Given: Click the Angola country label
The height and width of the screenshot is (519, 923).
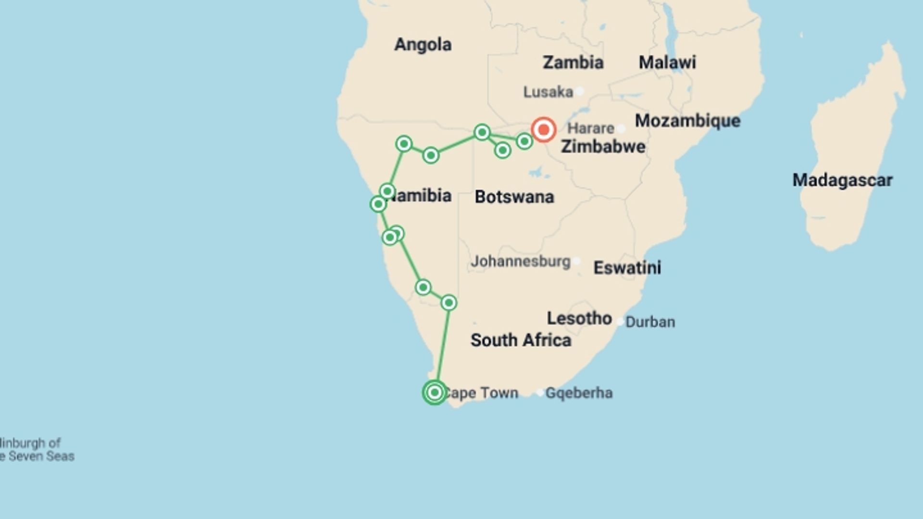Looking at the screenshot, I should tap(423, 45).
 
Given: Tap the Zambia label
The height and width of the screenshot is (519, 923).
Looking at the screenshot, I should tap(573, 62).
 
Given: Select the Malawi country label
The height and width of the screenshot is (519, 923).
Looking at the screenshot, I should tap(667, 62).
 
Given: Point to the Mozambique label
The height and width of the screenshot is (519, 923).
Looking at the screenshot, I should tap(687, 121).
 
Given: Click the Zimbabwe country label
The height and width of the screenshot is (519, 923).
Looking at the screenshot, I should tap(603, 147).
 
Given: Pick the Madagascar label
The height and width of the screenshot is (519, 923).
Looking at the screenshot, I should tap(842, 180).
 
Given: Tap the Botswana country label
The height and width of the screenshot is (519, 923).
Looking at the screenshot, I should tap(514, 197).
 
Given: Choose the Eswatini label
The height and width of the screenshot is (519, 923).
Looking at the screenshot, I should tap(627, 268).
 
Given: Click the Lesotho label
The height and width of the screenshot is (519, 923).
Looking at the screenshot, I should tap(579, 318).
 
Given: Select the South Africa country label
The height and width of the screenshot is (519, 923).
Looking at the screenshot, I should tap(521, 340).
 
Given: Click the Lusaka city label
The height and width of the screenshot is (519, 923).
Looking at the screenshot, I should tap(548, 92).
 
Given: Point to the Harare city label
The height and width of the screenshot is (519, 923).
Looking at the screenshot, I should tap(590, 128).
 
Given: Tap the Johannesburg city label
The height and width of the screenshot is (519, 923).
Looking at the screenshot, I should tap(520, 261).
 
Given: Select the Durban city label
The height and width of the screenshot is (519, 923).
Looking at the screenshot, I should tap(650, 322).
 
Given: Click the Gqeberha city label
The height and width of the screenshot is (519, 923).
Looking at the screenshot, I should tap(579, 393).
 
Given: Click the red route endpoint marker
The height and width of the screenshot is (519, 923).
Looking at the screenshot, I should tap(544, 130).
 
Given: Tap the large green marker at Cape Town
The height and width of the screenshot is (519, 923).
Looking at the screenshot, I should tap(435, 393).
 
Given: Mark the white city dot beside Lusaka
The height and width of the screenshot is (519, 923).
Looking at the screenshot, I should tap(580, 91).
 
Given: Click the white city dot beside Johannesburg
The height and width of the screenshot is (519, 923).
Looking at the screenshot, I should tap(576, 261).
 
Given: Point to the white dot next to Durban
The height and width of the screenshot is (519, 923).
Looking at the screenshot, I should tap(620, 321).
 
